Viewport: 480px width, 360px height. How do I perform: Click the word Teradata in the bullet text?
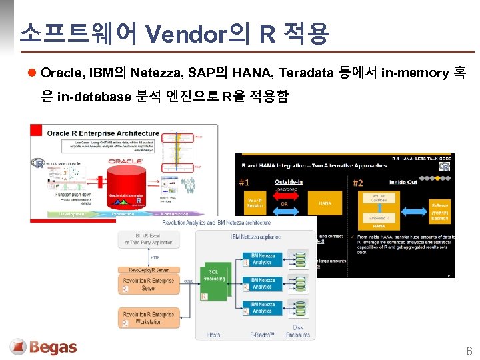(305, 73)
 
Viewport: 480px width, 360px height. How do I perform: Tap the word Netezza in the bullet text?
(157, 73)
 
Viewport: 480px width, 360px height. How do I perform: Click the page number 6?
(469, 351)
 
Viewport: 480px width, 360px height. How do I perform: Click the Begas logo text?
(53, 347)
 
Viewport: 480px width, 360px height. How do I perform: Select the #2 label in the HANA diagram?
(358, 182)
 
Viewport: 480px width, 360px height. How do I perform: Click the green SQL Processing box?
(214, 276)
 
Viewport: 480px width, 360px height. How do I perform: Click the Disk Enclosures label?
(298, 331)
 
